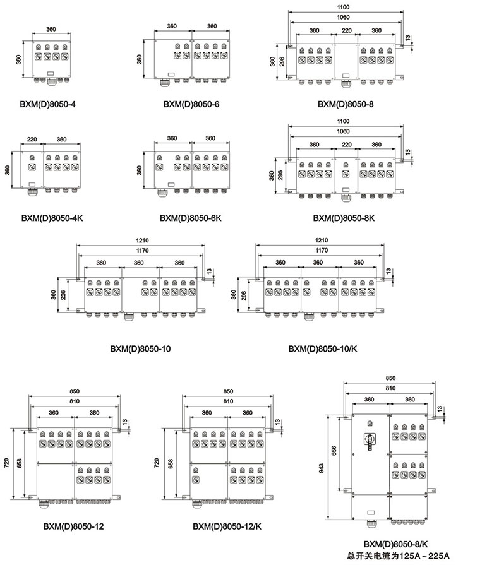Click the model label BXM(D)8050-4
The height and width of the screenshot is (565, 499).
(x=47, y=105)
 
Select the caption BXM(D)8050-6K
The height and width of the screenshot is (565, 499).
(x=190, y=218)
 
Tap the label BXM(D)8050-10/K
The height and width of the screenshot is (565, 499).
(x=323, y=349)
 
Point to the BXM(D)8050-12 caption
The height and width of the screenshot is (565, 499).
(x=73, y=526)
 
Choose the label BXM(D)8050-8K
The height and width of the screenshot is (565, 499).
(x=344, y=218)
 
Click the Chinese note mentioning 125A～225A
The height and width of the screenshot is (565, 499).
(x=398, y=556)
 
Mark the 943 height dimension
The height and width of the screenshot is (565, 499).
(x=322, y=468)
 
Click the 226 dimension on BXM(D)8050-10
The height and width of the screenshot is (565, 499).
(x=63, y=295)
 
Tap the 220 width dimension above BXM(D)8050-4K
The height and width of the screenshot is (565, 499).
(x=32, y=139)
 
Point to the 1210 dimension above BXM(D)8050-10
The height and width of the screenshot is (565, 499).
(x=142, y=241)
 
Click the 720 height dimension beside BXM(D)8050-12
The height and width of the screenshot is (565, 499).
(x=6, y=463)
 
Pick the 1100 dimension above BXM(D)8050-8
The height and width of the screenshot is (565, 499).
(x=343, y=7)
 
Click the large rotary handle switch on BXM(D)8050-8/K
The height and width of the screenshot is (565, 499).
(x=370, y=441)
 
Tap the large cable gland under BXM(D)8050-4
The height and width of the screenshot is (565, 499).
(x=50, y=81)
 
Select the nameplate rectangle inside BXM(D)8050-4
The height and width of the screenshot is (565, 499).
(x=50, y=73)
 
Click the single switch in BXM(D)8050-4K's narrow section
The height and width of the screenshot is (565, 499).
(x=32, y=167)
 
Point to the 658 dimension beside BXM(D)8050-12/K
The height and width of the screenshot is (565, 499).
(x=171, y=463)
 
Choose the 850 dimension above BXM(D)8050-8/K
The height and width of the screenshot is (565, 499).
(x=390, y=378)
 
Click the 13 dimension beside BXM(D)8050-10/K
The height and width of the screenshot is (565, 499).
(x=388, y=271)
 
